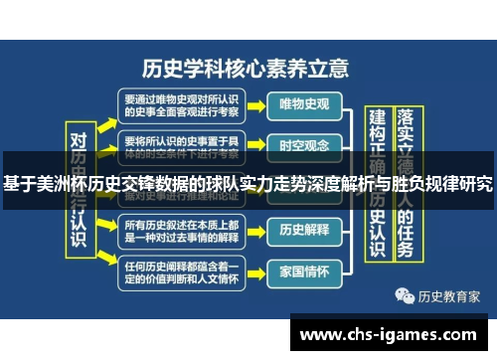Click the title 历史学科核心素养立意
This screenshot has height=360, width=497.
[247, 68]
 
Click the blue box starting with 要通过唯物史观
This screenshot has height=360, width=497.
[180, 104]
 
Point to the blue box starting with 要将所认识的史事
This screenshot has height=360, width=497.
[180, 144]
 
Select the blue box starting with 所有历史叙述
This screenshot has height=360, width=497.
[180, 229]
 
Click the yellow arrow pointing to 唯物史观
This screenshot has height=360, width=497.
[253, 104]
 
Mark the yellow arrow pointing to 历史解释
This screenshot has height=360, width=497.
[253, 229]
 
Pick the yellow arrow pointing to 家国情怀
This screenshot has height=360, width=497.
[253, 269]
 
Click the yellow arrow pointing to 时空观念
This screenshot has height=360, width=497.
[253, 145]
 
